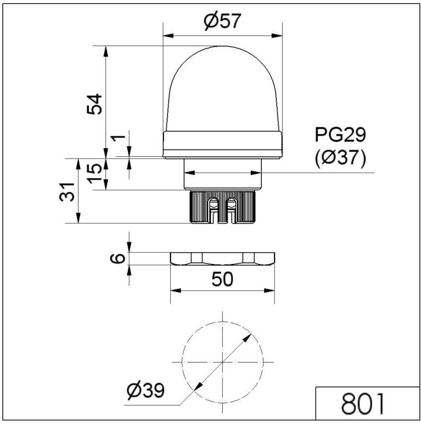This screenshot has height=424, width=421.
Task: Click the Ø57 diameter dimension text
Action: pos(222,21)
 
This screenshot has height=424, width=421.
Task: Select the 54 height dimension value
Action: pos(94,104)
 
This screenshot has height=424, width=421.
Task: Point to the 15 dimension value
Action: pos(94,173)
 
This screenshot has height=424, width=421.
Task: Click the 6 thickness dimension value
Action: pos(120,258)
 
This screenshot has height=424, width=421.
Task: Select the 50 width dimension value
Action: pos(222,279)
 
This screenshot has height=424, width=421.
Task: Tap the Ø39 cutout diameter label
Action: pos(145,391)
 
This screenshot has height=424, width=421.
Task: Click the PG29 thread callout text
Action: pos(340,136)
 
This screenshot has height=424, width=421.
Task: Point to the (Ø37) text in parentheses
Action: pos(340,158)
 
